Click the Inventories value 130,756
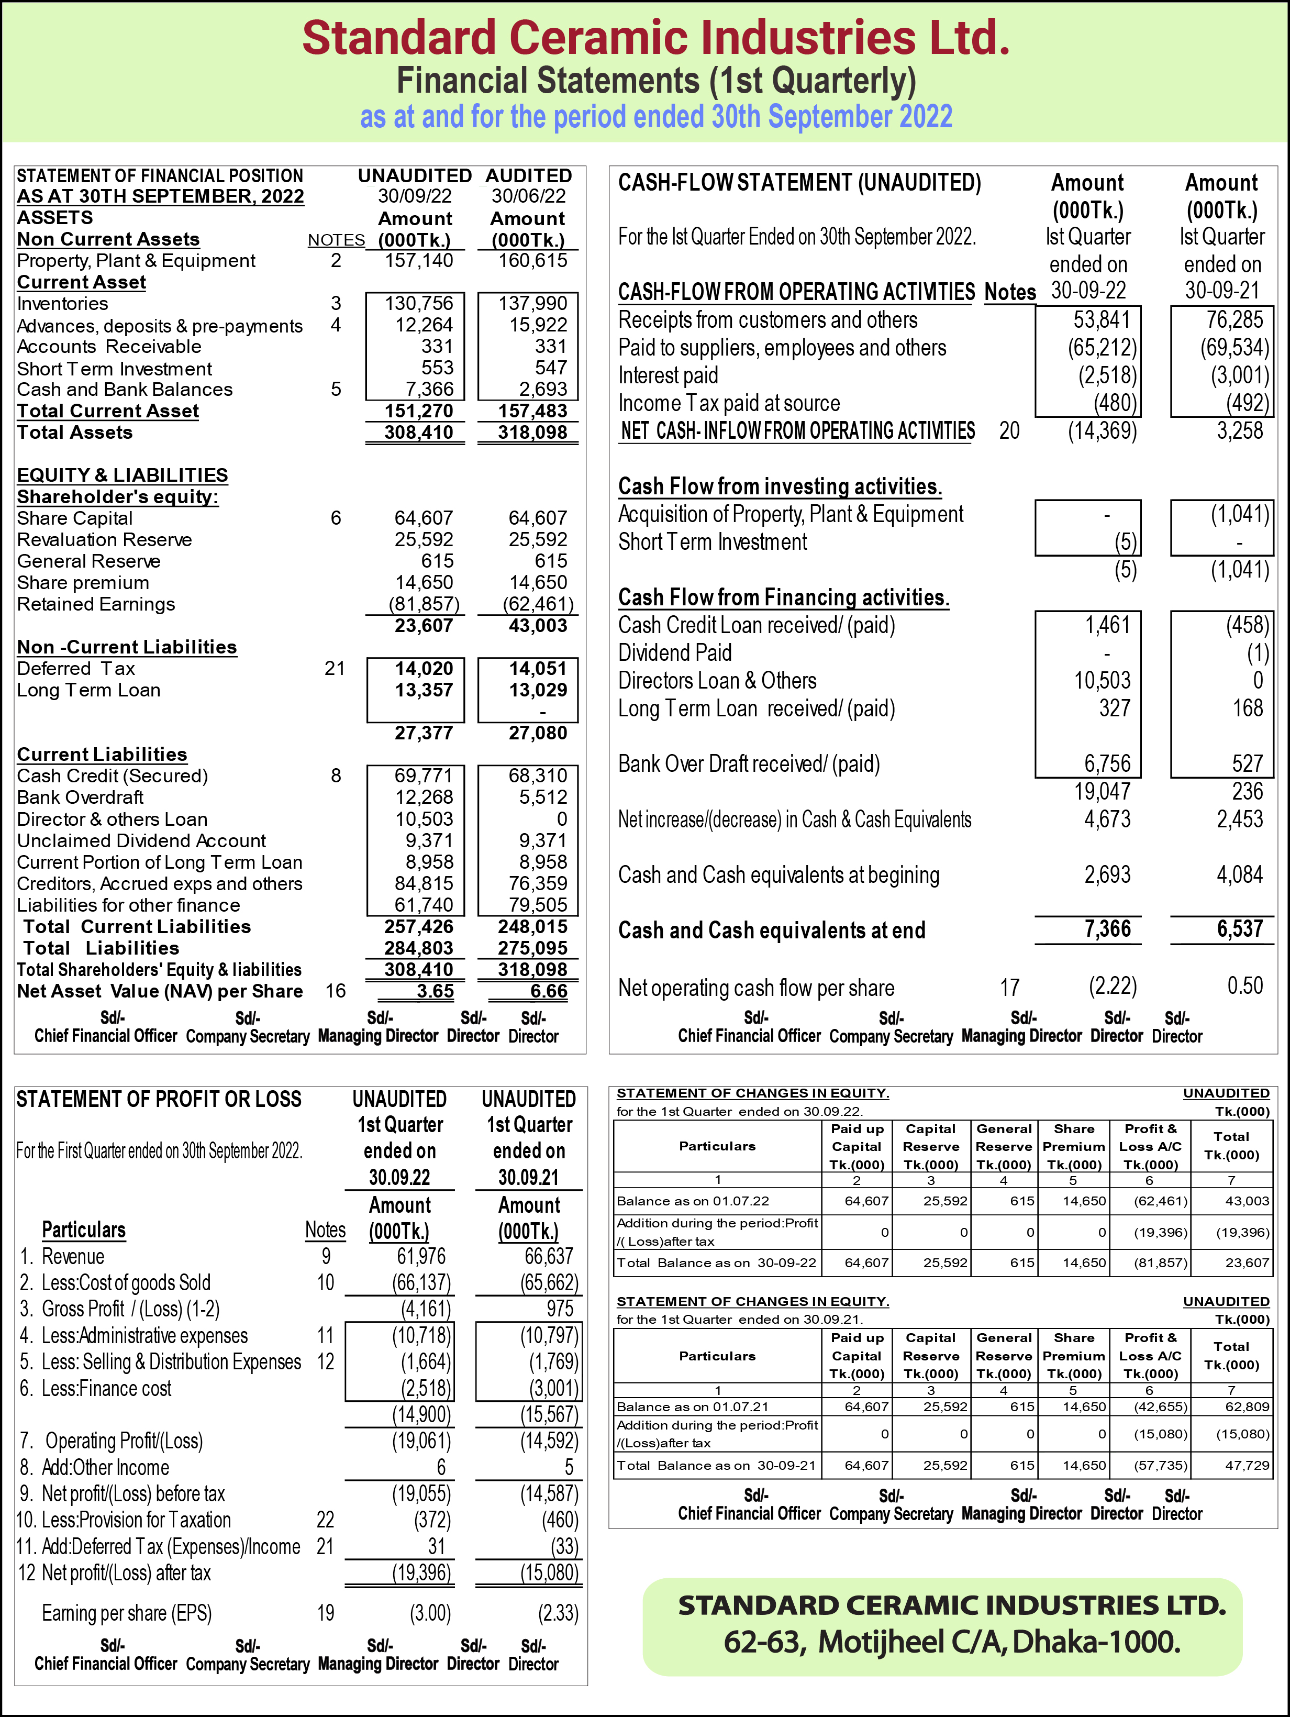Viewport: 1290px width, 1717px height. tap(419, 304)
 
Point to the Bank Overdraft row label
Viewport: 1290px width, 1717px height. tap(80, 797)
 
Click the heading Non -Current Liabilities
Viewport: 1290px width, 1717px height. tap(127, 647)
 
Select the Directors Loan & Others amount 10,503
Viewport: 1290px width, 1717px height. tap(1102, 681)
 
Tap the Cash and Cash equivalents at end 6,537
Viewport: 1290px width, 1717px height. tap(1240, 929)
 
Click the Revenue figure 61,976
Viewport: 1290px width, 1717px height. tap(421, 1256)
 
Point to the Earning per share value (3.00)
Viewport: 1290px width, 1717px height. tap(430, 1613)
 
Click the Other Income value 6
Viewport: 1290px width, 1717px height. tap(441, 1467)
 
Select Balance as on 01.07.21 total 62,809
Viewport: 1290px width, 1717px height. tap(1247, 1406)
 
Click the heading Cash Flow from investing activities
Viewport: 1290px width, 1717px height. tap(779, 486)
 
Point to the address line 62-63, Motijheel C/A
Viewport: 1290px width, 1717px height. tap(952, 1642)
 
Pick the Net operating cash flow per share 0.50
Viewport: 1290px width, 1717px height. tap(1244, 986)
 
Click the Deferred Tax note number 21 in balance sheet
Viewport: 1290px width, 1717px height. tap(335, 668)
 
